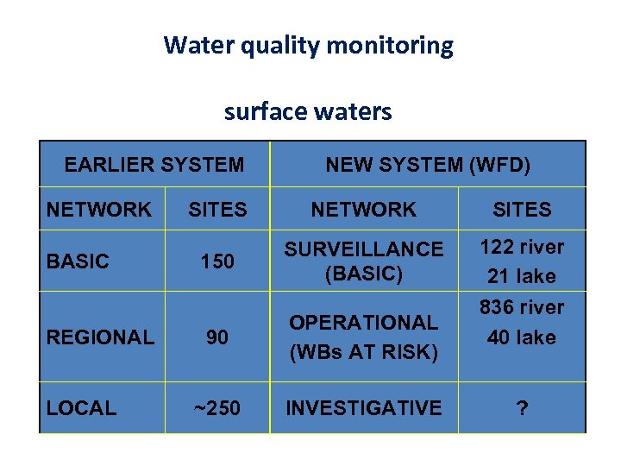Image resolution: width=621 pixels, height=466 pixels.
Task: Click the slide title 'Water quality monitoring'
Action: coord(308,45)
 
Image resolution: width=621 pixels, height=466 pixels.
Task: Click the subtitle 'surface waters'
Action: coord(308,111)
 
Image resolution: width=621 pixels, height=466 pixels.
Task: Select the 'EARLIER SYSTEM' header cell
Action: coord(154,164)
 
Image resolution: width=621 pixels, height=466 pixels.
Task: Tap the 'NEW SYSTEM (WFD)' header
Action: coord(428,164)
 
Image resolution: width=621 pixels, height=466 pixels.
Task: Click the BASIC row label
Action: coord(78,261)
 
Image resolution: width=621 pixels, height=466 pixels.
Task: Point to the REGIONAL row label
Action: coord(100,337)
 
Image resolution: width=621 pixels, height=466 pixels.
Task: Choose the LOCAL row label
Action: coord(81,408)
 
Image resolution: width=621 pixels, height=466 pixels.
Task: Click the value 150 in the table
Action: coord(217,261)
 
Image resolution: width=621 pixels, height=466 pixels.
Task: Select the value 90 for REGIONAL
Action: coord(217,337)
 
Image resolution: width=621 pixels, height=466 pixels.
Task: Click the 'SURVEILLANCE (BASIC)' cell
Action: coord(363,261)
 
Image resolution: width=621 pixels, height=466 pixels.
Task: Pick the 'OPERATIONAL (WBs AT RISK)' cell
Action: coord(363,337)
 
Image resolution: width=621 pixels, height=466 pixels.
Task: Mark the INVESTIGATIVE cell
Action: coord(363,408)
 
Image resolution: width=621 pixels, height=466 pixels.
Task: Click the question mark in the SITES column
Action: coord(522,408)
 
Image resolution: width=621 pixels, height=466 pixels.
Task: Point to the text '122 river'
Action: coord(522,247)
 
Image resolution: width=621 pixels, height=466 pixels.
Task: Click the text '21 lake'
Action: coord(522,277)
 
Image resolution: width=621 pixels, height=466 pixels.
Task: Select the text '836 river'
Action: coord(522,307)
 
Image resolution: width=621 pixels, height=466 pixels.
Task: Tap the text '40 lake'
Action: coord(522,337)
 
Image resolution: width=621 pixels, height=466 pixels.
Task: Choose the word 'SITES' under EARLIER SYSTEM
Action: coord(217,210)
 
